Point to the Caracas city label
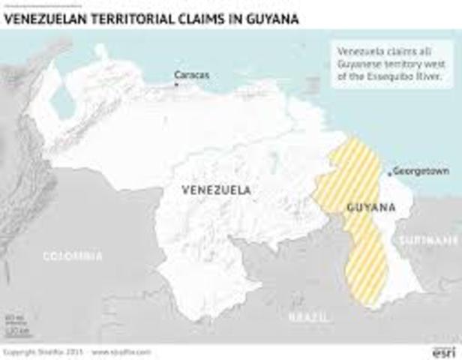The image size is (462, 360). click(x=191, y=75)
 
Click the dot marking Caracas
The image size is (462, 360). click(x=177, y=85)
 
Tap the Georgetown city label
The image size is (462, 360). click(x=421, y=172)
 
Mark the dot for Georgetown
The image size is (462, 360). click(x=389, y=172)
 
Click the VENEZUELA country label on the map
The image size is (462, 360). click(x=216, y=190)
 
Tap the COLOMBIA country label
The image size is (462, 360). click(x=72, y=256)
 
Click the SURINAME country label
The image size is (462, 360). click(x=428, y=240)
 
